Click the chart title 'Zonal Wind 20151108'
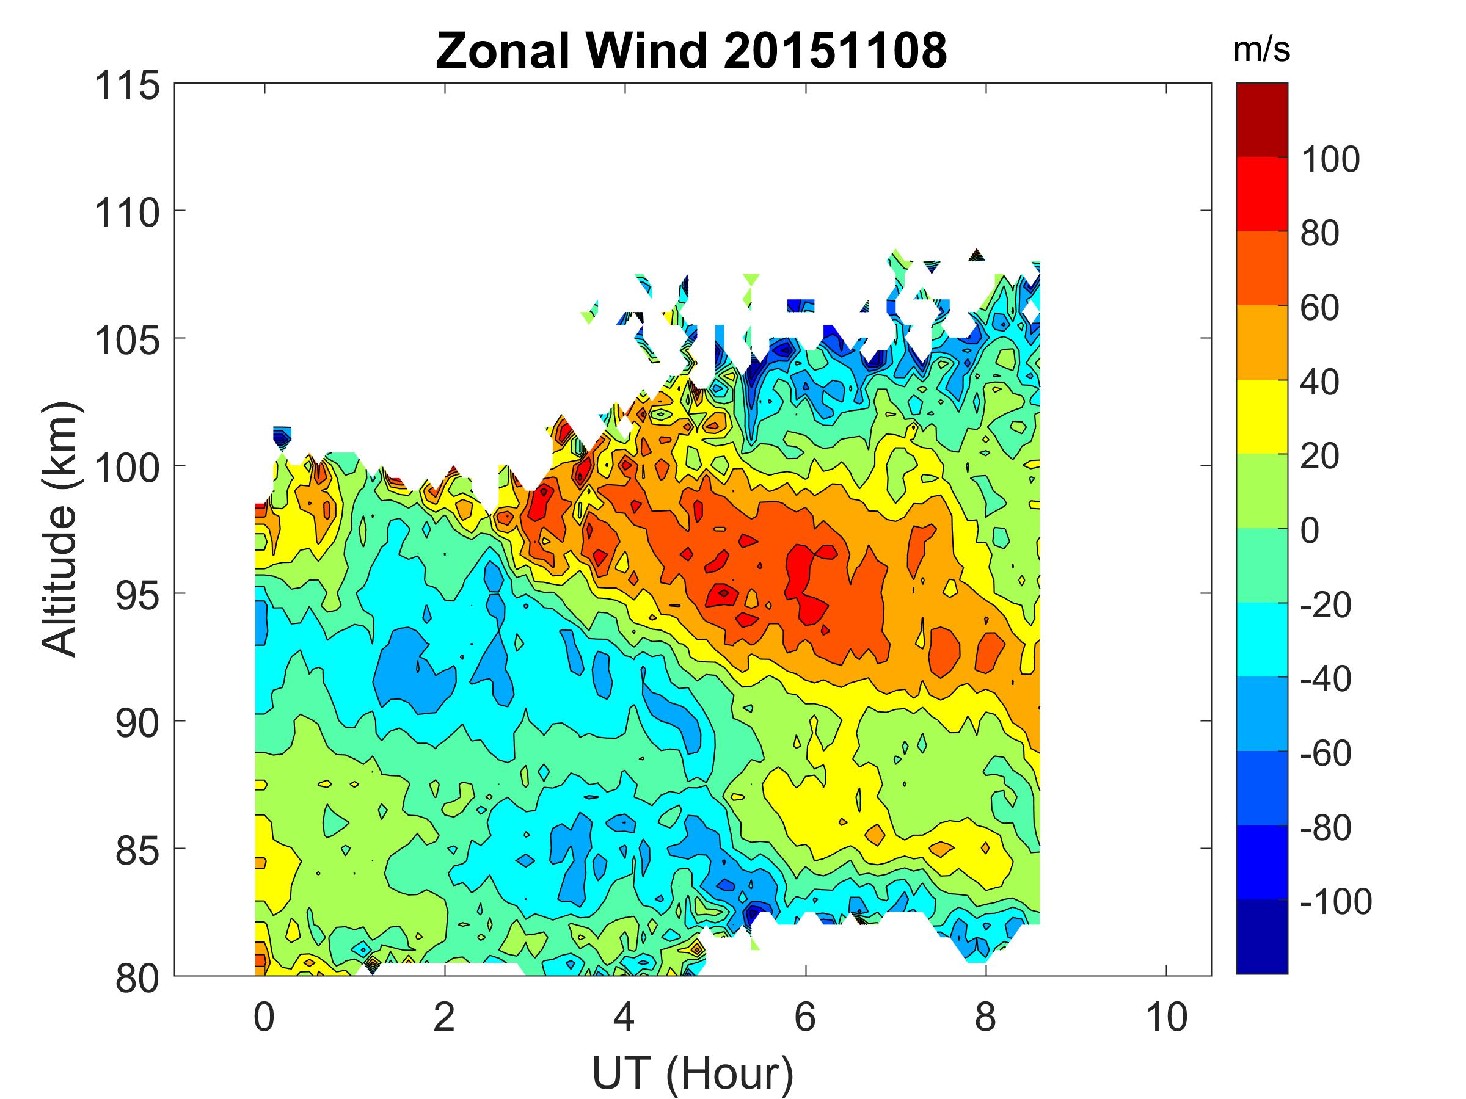pos(691,51)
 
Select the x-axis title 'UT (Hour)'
pos(693,1073)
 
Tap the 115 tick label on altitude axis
pos(127,86)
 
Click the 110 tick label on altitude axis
pos(127,213)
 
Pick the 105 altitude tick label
pos(127,341)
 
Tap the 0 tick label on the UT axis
pos(264,1017)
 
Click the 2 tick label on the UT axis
pos(444,1017)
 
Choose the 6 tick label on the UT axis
pos(805,1017)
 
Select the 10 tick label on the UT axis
pos(1167,1017)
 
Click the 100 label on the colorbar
pos(1330,159)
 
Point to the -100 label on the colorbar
pos(1335,902)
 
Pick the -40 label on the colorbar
pos(1326,679)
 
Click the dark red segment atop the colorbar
pos(1261,120)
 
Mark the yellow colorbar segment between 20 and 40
pos(1261,416)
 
